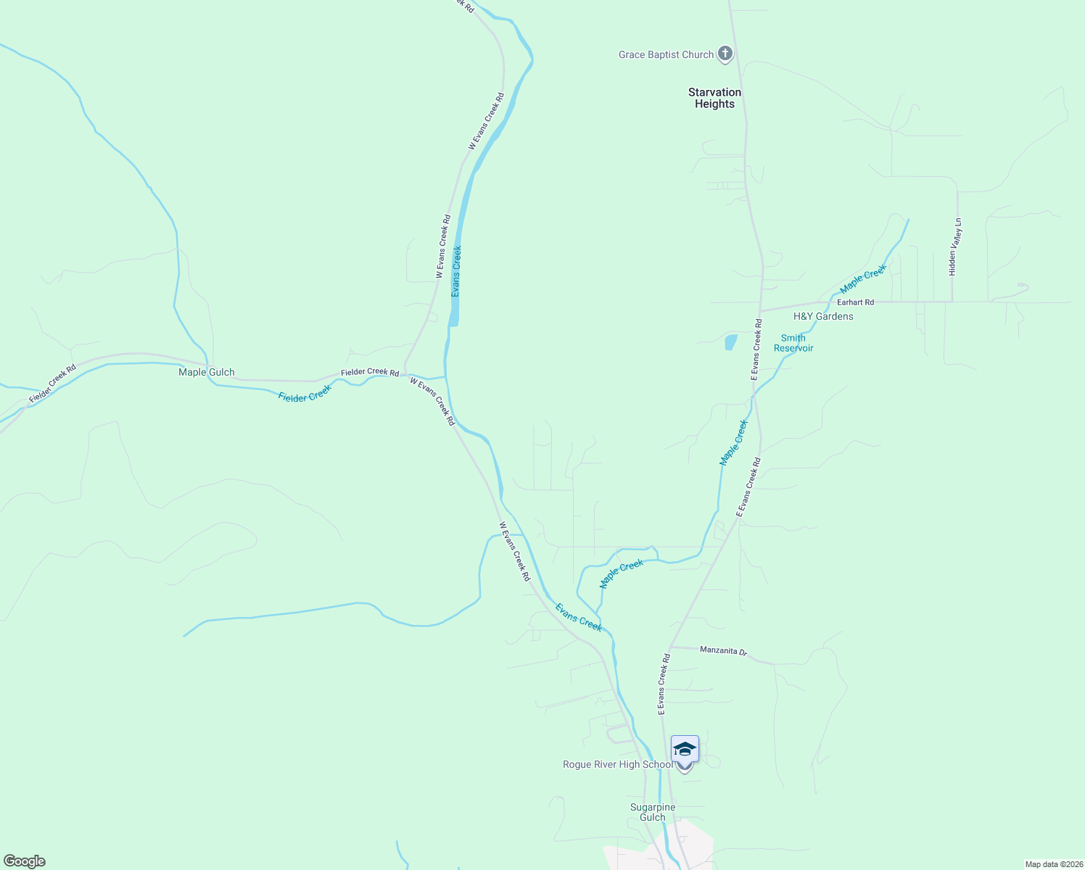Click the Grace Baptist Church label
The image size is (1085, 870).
[x=666, y=54]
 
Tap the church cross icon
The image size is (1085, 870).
[x=725, y=54]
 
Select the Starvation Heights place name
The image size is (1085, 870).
[x=714, y=98]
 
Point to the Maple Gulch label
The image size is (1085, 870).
[x=207, y=372]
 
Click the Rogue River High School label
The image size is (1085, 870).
[x=618, y=764]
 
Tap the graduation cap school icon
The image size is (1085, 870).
[x=685, y=749]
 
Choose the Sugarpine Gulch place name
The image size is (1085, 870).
[x=653, y=812]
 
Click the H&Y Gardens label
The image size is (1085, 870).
[x=823, y=316]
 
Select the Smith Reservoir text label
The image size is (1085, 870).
[x=793, y=343]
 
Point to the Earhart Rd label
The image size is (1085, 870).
[x=856, y=302]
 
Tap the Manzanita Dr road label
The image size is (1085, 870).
[x=723, y=650]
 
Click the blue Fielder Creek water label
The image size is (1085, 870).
[x=305, y=393]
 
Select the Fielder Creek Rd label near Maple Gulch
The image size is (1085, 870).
[x=370, y=372]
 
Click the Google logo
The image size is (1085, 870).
[x=25, y=861]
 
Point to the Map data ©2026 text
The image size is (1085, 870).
[x=1052, y=864]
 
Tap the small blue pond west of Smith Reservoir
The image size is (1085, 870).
[x=730, y=342]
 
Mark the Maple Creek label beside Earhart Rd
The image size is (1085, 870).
[x=863, y=278]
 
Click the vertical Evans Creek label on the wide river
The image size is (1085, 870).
[x=456, y=271]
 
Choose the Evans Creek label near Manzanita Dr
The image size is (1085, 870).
[x=578, y=617]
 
